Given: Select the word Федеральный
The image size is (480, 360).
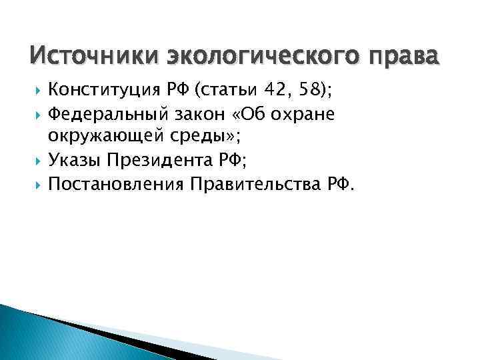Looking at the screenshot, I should (102, 113).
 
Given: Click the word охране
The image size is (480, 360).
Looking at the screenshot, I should (308, 113).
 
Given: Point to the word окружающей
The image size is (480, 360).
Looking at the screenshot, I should (97, 137).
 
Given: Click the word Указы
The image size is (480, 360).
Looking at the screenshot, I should (73, 160).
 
